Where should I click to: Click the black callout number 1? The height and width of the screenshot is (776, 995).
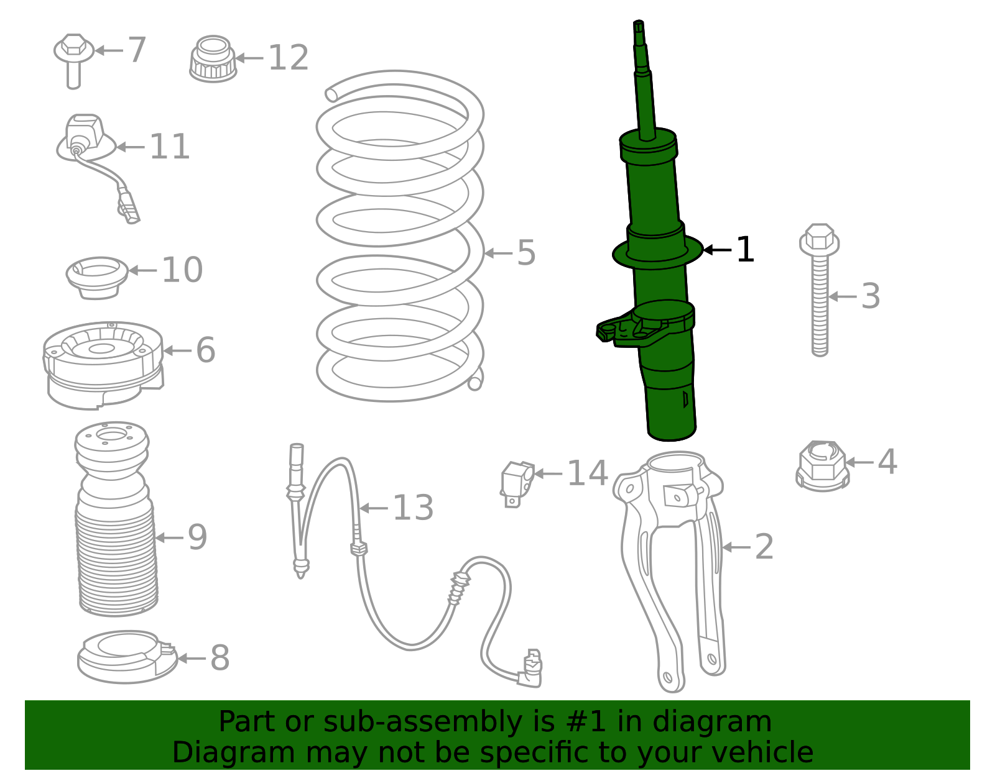click(744, 250)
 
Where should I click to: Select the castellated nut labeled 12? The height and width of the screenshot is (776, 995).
click(213, 60)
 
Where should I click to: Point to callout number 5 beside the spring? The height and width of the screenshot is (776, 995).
click(526, 253)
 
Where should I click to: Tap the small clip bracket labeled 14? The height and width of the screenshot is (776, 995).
click(517, 483)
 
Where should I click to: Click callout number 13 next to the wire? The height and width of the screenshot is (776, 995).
click(413, 508)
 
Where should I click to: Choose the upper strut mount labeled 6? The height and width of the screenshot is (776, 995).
click(103, 363)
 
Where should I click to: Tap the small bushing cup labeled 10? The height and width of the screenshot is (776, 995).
click(97, 276)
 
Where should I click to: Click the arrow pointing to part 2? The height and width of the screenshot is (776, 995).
click(737, 547)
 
